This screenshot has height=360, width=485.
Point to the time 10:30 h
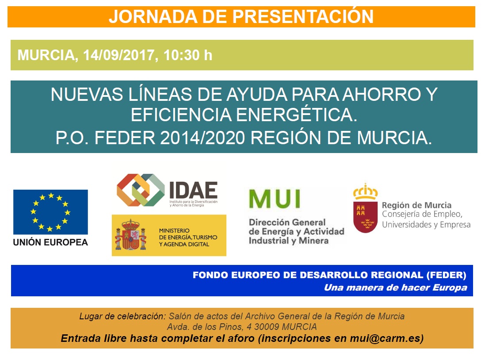(x=188, y=55)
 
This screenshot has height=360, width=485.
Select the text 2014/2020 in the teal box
(x=202, y=138)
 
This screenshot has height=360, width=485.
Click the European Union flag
(x=50, y=212)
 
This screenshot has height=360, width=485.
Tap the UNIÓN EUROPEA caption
(x=50, y=242)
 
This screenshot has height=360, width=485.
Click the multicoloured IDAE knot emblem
(x=141, y=190)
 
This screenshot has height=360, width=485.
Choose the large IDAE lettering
(x=193, y=190)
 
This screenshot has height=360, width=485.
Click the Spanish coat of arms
(x=130, y=235)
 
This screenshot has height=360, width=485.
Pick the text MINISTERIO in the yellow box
(x=174, y=230)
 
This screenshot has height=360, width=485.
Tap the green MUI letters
(x=275, y=199)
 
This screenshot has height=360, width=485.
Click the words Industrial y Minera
(x=289, y=241)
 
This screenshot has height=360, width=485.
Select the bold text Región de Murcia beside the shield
(x=416, y=205)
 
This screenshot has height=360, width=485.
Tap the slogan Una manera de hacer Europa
(x=395, y=287)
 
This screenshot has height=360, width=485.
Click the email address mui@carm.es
(x=387, y=338)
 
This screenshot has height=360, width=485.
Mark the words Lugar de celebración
(x=122, y=316)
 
